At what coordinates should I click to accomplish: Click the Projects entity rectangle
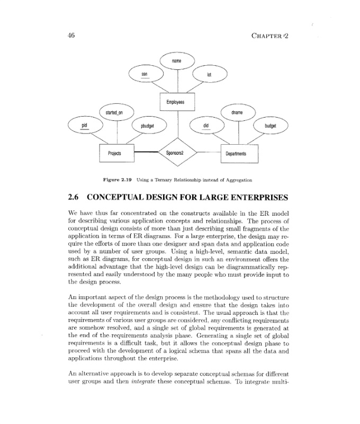point(114,153)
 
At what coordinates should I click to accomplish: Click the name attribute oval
point(177,61)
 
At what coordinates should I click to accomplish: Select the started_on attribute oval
point(114,112)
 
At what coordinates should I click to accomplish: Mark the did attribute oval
point(206,126)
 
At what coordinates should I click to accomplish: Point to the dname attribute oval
point(237,112)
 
